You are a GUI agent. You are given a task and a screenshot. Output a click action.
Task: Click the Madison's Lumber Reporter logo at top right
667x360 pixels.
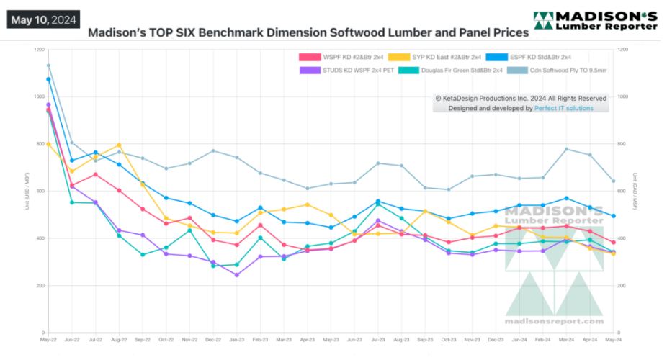point(595,21)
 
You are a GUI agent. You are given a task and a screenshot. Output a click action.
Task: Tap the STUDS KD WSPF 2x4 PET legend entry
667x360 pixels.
point(344,70)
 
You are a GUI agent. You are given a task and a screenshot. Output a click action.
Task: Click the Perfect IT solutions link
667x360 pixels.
point(563,108)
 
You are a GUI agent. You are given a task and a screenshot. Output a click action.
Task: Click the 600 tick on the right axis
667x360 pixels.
point(623,192)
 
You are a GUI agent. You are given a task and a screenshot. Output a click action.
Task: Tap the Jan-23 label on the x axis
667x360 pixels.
point(236,339)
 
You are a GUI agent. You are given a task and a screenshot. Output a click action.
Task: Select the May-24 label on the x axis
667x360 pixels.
point(613,339)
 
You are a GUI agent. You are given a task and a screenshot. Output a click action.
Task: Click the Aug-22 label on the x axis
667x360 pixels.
point(119,339)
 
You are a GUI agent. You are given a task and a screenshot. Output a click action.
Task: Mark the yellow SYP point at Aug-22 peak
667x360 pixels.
point(119,145)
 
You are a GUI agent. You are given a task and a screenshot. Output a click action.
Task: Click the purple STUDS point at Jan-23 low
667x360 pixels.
point(236,275)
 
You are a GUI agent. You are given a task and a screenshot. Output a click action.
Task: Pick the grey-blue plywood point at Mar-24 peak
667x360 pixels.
point(566,149)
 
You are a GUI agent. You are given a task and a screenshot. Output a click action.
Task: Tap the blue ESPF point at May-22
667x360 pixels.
point(48,79)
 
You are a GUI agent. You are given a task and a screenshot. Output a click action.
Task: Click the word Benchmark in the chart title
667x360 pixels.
point(235,33)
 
